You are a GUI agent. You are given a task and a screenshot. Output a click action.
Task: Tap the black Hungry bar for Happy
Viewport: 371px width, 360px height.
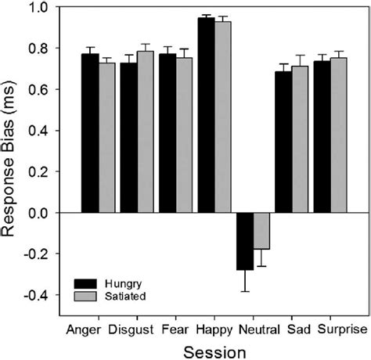206,115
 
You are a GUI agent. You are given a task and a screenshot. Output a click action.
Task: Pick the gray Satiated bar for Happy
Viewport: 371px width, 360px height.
223,117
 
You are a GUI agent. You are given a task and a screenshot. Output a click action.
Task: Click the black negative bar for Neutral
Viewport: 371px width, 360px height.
245,241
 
